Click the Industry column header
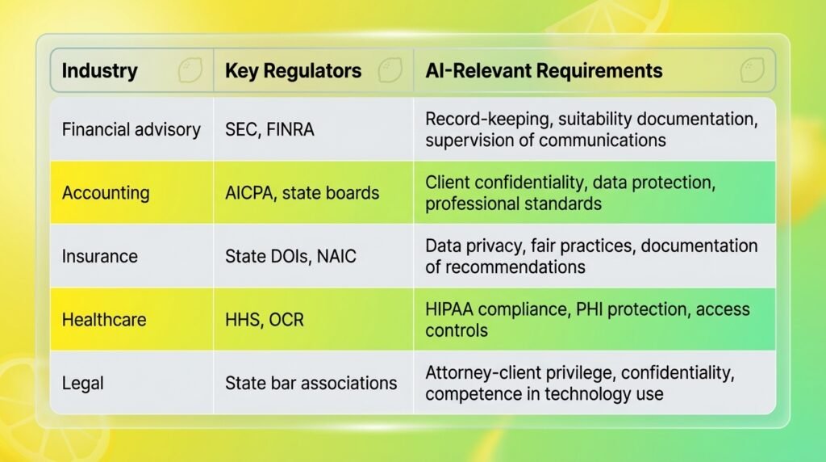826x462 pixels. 99,70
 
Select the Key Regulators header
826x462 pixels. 294,70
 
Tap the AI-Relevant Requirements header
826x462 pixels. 544,70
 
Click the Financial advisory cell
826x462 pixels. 131,130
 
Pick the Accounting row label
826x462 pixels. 106,193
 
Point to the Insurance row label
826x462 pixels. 99,256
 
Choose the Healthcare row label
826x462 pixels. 104,320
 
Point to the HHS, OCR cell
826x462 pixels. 265,320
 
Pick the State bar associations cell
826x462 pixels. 311,383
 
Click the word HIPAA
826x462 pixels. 449,309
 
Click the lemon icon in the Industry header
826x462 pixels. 190,70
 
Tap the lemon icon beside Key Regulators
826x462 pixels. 390,70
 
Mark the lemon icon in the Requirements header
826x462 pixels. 752,70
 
